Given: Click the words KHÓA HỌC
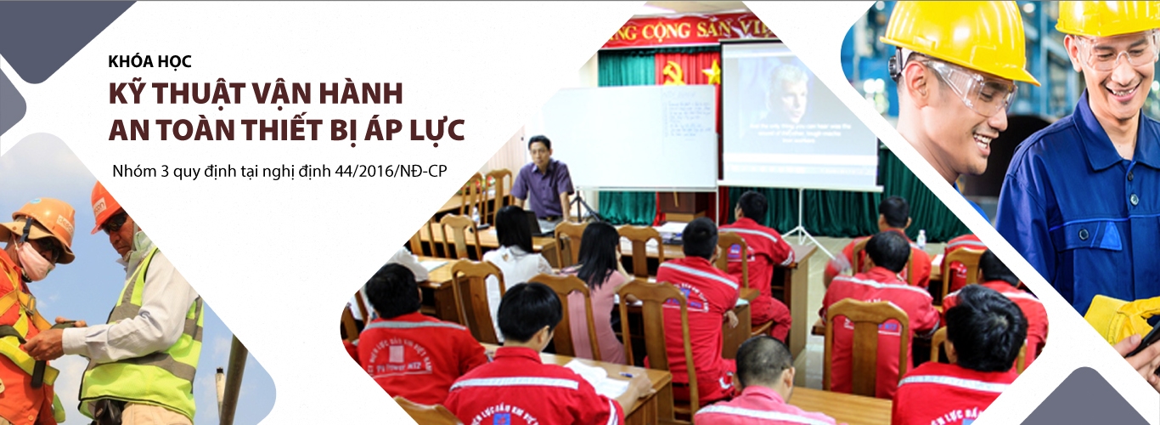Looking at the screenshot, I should (x=150, y=62).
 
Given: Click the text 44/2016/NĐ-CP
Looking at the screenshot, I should (x=393, y=172).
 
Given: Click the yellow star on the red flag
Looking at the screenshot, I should (x=712, y=73).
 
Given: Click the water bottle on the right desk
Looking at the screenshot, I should (x=922, y=239).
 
